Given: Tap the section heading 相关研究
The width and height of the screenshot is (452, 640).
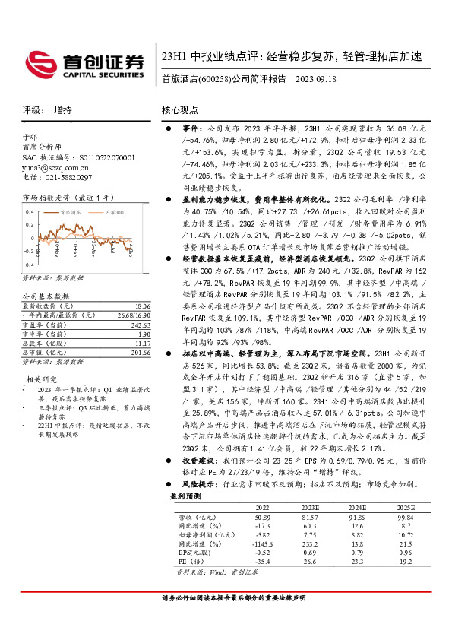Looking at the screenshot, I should click(x=42, y=379).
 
